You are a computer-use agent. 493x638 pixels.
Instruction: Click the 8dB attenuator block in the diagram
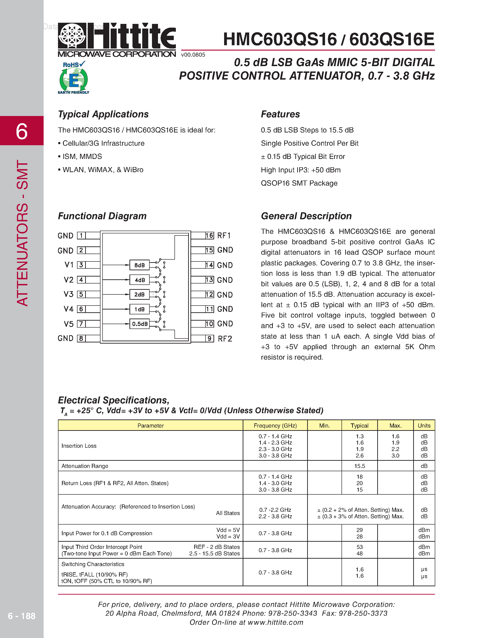(x=139, y=265)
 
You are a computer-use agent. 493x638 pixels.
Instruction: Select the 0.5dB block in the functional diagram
(x=139, y=324)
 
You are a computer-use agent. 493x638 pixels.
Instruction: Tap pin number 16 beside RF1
(x=209, y=235)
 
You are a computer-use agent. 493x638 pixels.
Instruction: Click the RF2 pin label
(x=225, y=338)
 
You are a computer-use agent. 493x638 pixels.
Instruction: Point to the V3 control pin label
(x=69, y=294)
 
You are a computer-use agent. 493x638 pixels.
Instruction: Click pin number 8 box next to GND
(x=81, y=338)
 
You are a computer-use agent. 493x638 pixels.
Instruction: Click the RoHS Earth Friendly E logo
(x=74, y=78)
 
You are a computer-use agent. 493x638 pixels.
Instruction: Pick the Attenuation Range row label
(x=85, y=466)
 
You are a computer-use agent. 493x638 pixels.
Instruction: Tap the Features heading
(x=280, y=114)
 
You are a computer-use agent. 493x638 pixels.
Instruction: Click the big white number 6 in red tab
(x=22, y=131)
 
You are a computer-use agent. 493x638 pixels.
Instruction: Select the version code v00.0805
(x=193, y=55)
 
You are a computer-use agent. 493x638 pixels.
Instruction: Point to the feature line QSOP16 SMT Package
(x=299, y=183)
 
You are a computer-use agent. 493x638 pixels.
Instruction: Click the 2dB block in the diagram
(x=139, y=294)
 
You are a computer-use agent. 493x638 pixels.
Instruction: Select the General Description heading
(x=306, y=216)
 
